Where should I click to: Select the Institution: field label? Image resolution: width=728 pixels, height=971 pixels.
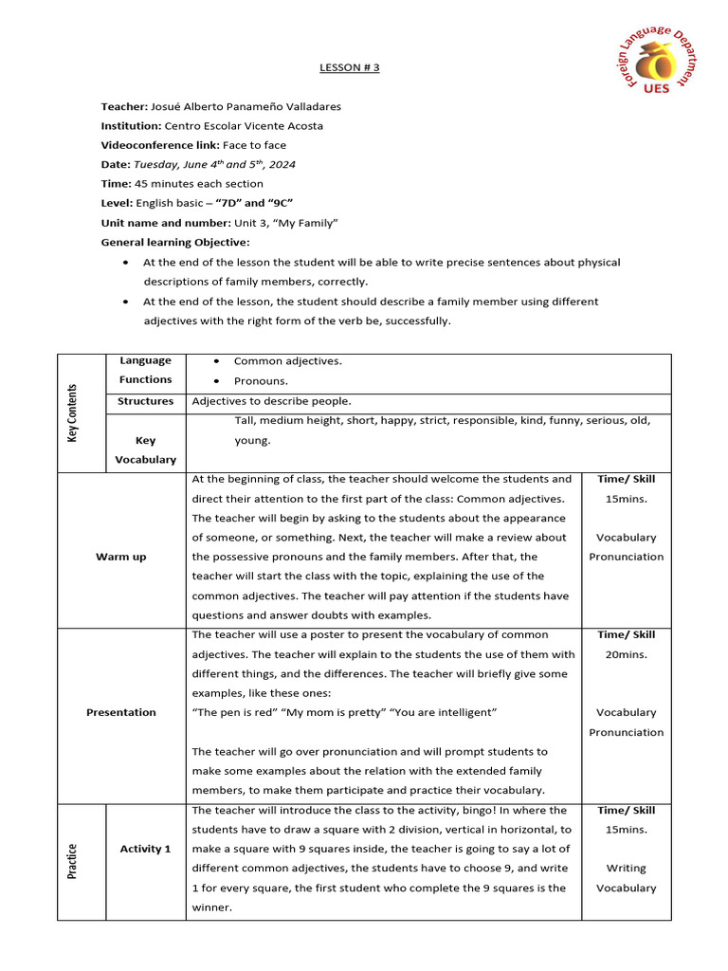point(132,125)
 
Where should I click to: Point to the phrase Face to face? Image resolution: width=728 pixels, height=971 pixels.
point(254,145)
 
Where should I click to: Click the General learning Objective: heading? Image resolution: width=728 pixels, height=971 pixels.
point(175,242)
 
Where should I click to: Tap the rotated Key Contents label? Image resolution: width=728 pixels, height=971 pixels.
point(73,413)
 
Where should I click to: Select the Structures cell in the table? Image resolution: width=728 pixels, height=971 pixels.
point(145,401)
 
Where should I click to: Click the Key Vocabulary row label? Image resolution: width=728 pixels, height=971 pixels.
point(145,449)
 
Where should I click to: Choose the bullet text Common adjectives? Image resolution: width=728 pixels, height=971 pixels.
point(288,360)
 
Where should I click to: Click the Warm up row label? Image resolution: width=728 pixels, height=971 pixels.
point(120,557)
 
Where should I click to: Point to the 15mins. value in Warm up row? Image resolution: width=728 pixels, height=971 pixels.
point(626,499)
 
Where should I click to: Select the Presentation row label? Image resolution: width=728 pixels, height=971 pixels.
point(120,712)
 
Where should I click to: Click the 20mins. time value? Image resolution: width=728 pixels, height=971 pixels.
point(626,654)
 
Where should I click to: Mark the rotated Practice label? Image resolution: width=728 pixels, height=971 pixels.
point(73,860)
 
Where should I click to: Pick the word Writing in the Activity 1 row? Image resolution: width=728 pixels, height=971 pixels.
point(626,868)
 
